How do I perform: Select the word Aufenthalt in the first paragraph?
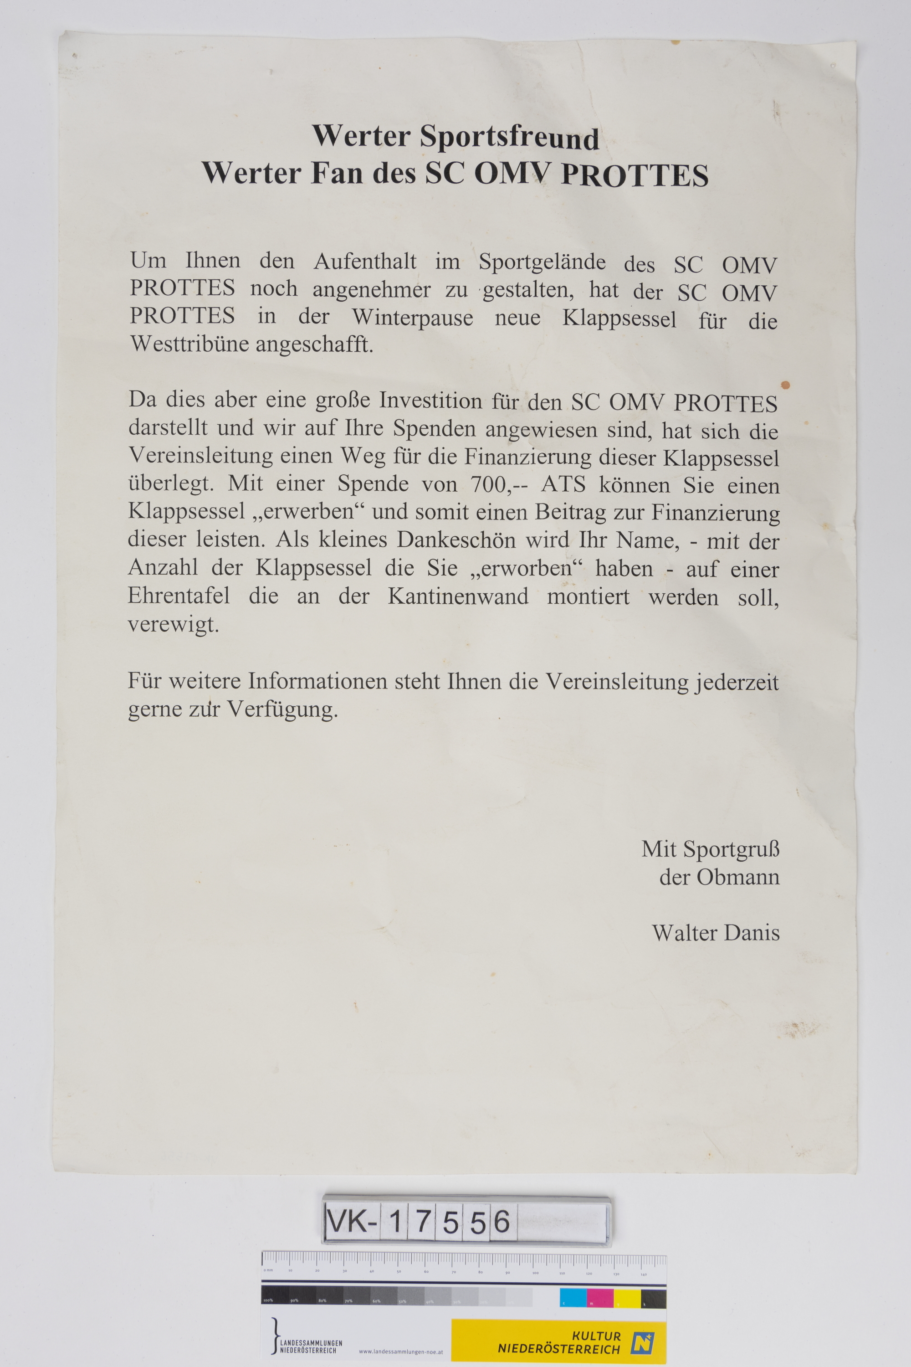tap(365, 262)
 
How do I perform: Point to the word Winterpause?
tap(413, 317)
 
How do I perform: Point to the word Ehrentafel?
tap(179, 596)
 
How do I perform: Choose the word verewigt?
tap(173, 625)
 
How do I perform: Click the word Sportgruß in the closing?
tap(731, 850)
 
